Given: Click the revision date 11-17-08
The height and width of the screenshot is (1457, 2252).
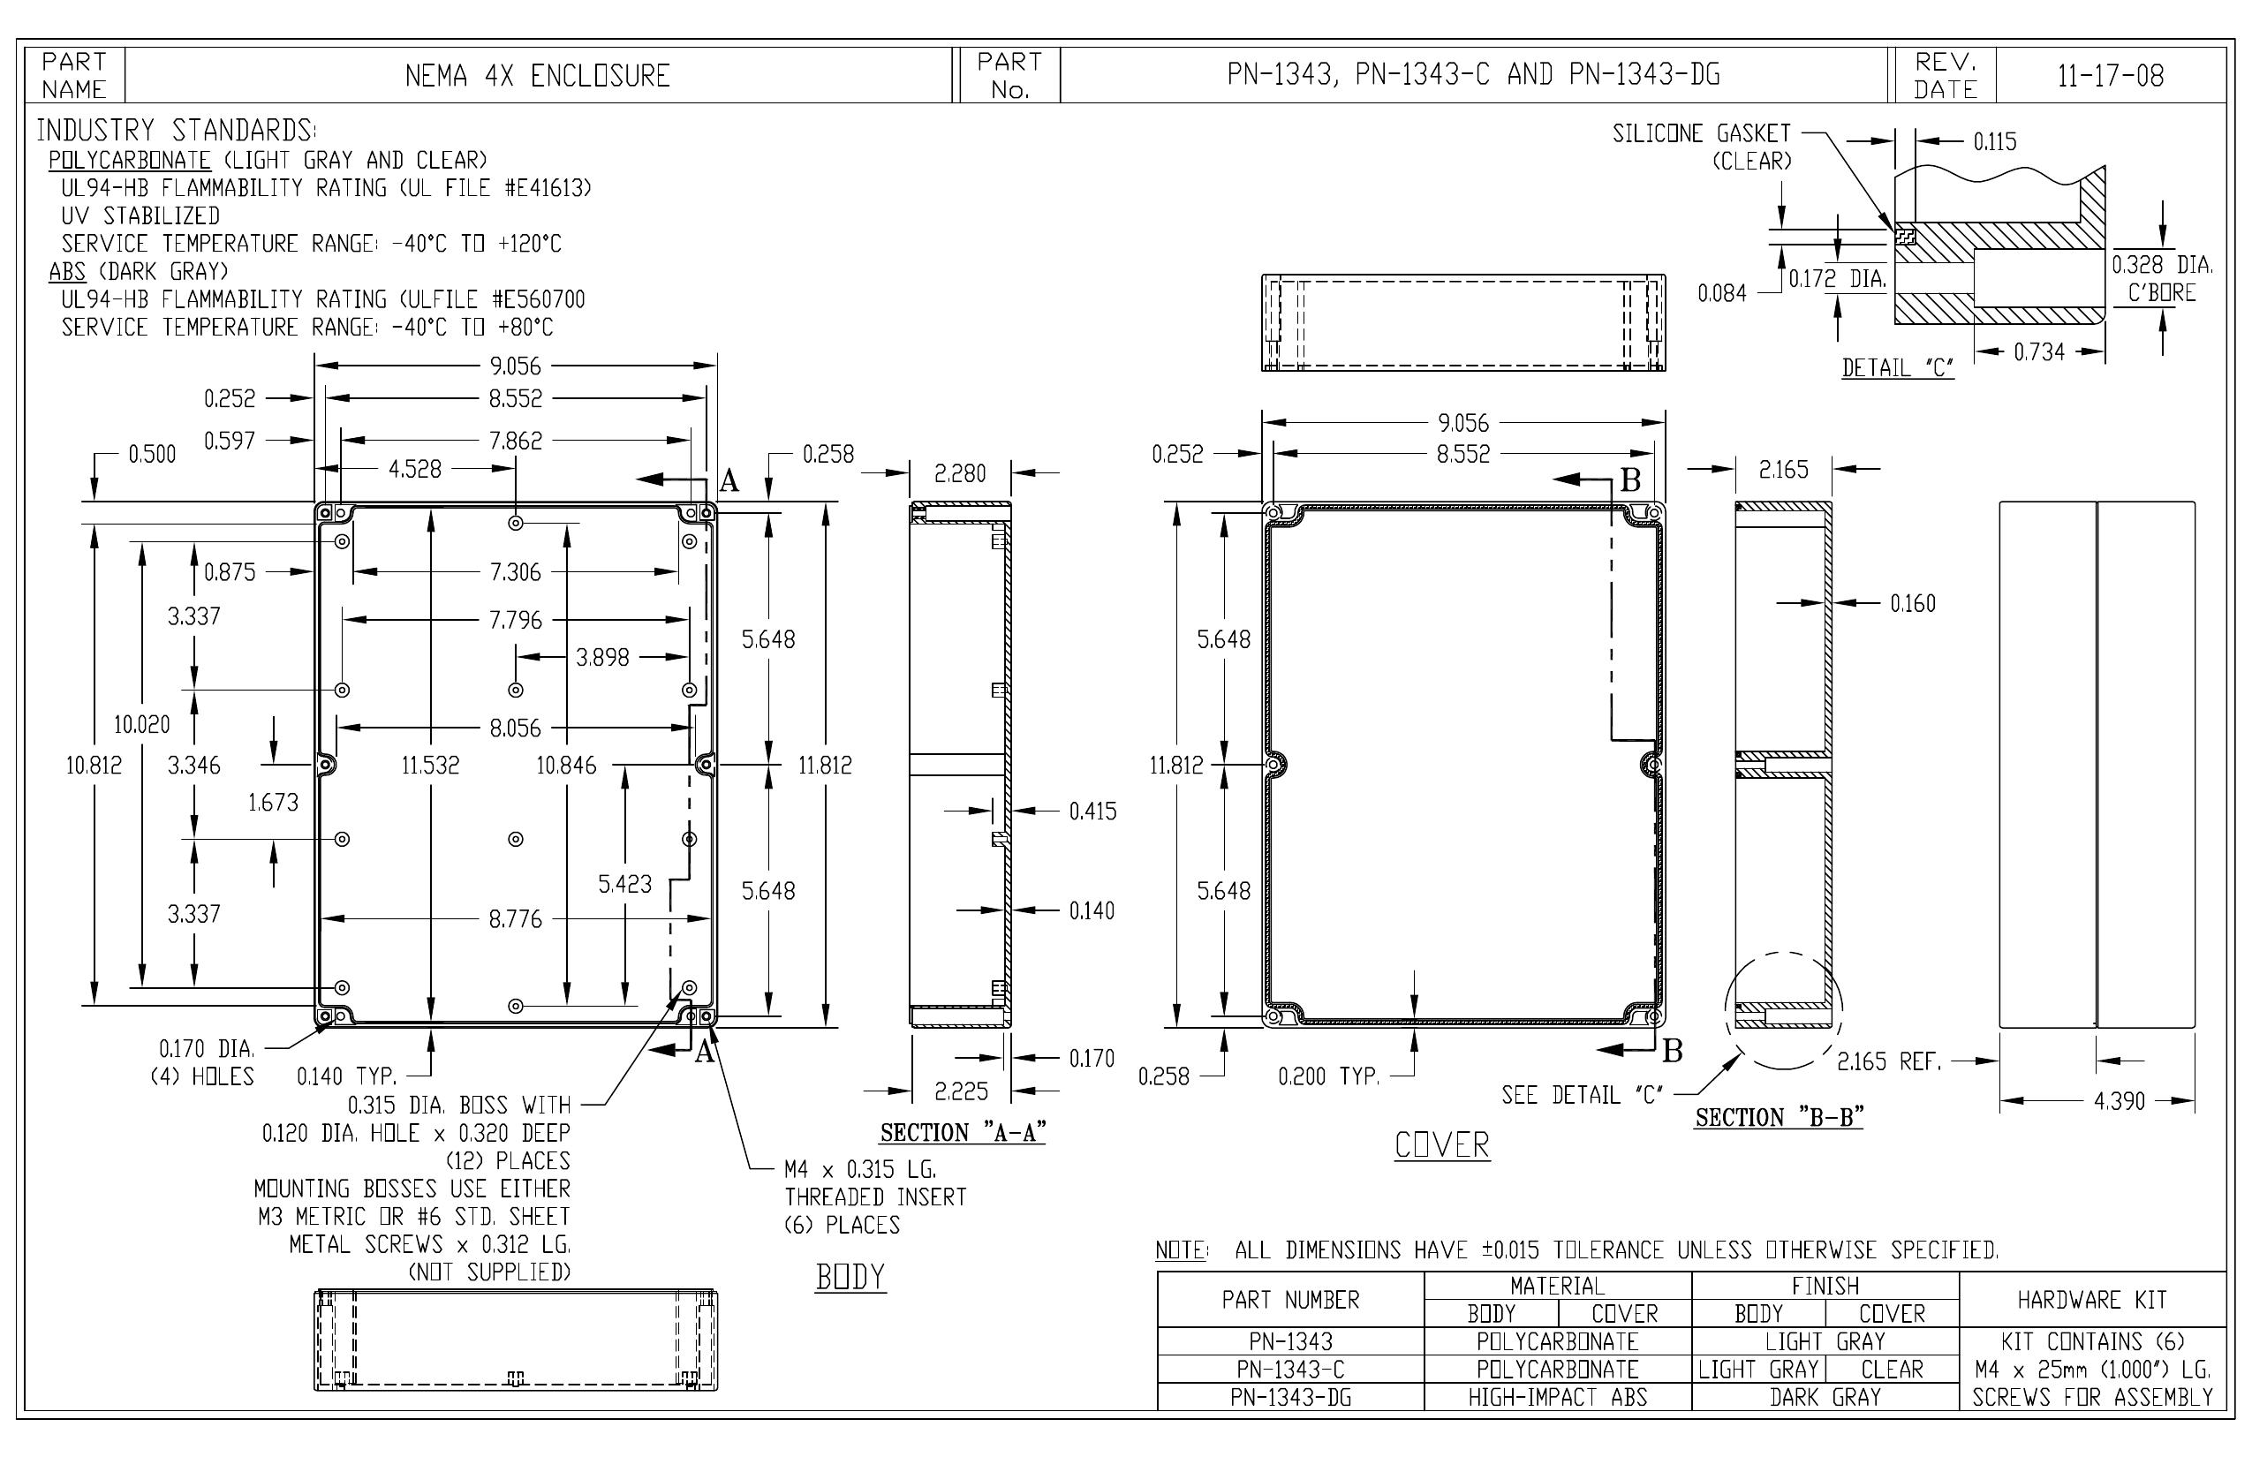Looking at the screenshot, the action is coord(2110,76).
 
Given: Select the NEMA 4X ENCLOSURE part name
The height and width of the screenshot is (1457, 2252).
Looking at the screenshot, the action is coord(538,76).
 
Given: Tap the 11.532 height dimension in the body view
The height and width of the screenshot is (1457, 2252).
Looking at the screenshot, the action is coord(431,766).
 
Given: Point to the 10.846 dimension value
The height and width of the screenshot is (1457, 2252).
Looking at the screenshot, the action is coord(567,766).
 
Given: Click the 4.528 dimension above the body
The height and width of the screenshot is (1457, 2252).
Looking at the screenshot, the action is coord(414,469).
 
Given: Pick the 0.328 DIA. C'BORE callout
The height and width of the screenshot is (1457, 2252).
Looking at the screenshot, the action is coord(2161,279).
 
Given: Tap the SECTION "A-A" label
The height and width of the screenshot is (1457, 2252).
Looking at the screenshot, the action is coord(963,1132).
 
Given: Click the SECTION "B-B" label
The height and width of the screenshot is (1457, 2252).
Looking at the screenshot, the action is coord(1779,1117).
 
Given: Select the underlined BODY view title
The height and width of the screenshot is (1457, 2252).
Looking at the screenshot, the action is coord(850,1277).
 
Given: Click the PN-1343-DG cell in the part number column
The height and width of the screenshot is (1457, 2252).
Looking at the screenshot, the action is coord(1290,1397).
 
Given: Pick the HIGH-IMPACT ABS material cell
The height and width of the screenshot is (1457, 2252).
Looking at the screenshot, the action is coord(1558,1397).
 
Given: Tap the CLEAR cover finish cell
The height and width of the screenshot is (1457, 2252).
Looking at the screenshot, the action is coord(1892,1370).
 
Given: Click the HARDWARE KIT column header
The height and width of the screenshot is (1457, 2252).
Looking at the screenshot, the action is coord(2092,1300).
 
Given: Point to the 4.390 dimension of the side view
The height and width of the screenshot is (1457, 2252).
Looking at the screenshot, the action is coord(2120,1101).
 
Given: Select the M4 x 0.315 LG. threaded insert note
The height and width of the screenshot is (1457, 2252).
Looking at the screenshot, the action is coord(875,1197).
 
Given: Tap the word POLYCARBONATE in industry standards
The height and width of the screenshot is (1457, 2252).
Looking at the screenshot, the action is coord(130,160).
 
